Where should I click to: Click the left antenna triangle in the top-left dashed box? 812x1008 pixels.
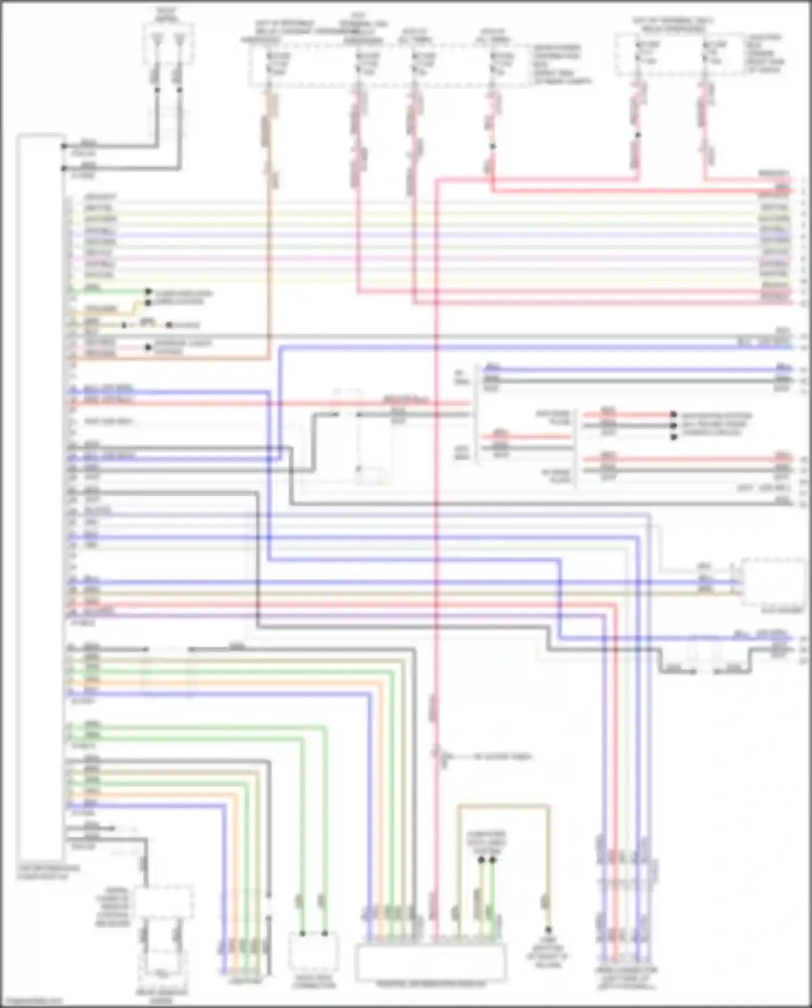click(157, 38)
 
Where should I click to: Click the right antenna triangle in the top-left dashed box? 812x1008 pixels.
click(180, 38)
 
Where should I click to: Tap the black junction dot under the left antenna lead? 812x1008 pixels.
click(158, 89)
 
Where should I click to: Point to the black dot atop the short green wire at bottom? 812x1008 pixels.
click(493, 860)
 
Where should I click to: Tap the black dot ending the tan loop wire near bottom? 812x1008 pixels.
click(547, 929)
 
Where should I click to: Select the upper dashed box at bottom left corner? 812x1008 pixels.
click(163, 902)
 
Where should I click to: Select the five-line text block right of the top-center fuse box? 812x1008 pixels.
click(560, 64)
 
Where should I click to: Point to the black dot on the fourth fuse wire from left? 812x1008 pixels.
click(492, 146)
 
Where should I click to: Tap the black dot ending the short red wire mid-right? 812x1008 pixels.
click(673, 415)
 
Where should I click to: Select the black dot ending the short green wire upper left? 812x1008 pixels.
click(148, 291)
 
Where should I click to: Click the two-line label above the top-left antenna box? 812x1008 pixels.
click(167, 14)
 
